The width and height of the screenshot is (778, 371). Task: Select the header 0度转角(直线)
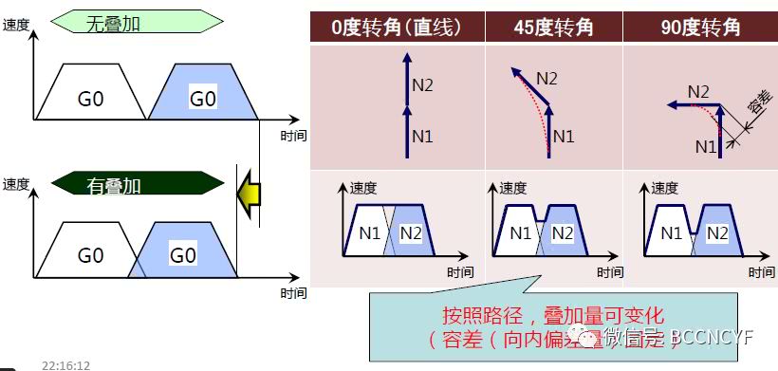pos(397,27)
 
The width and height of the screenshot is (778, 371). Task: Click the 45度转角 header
pos(553,27)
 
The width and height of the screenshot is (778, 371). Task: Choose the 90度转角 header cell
pos(699,27)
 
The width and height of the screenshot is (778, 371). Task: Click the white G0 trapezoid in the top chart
pos(90,98)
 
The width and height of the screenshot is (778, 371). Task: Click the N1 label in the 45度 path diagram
pos(564,136)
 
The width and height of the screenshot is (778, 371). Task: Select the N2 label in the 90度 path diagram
pos(698,92)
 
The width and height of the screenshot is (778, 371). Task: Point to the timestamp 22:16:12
pos(65,364)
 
